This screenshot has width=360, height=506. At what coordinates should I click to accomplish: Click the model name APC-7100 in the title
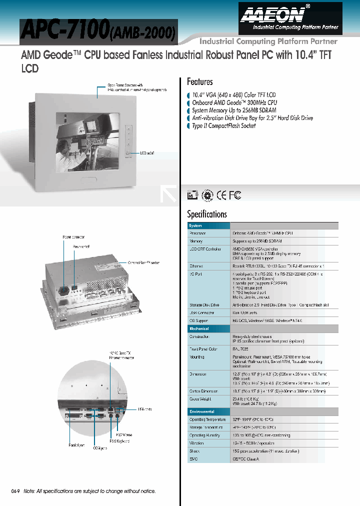click(x=64, y=31)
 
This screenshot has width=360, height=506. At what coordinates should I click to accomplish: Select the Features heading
click(x=199, y=81)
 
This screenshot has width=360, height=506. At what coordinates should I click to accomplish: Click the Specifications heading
click(x=206, y=214)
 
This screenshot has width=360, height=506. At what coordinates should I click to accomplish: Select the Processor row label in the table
click(x=197, y=233)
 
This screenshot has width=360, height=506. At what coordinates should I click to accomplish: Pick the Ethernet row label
click(x=196, y=266)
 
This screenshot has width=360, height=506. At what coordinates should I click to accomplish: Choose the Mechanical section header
click(x=199, y=328)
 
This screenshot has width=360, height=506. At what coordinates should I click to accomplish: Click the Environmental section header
click(x=201, y=411)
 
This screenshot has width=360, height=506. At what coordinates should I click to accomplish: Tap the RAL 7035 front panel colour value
click(x=241, y=349)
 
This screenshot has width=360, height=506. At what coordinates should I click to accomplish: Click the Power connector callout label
click(x=73, y=237)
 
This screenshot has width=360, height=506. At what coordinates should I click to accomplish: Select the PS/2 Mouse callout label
click(x=123, y=435)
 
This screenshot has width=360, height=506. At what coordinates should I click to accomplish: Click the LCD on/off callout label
click(x=147, y=153)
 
